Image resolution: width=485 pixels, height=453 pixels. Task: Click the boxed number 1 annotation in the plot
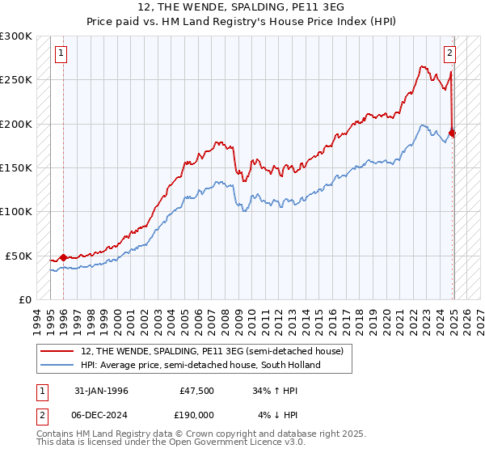click(x=61, y=54)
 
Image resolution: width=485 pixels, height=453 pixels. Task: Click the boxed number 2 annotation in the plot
click(x=449, y=54)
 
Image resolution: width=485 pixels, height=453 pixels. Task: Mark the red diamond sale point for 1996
click(x=63, y=257)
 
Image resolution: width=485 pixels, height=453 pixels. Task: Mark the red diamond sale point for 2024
click(x=452, y=133)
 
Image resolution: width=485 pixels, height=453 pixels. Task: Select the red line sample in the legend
click(x=58, y=351)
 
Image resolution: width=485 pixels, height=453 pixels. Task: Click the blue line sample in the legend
click(x=58, y=365)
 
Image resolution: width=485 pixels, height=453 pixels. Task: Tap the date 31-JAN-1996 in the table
click(x=101, y=391)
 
